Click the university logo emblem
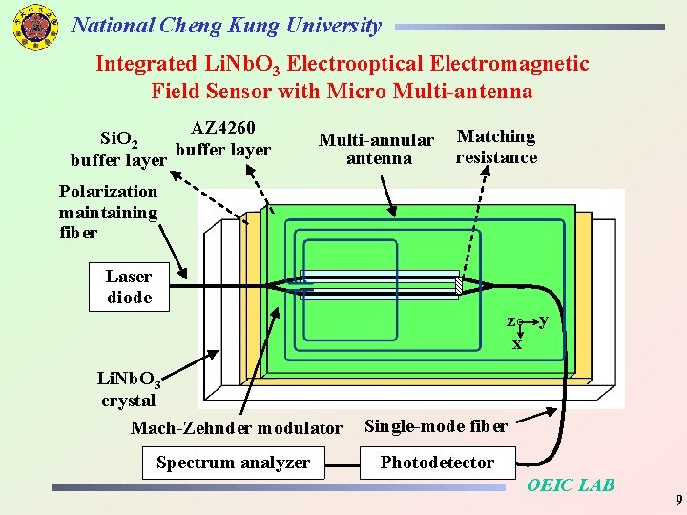coord(34,26)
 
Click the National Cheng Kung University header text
coord(226,26)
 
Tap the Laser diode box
coord(129,287)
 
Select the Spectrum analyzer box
coord(233,463)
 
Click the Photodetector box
coord(437,463)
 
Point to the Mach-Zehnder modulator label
coord(235,428)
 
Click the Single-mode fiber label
coord(436,425)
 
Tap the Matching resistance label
coord(496,147)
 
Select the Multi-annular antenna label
coord(377,150)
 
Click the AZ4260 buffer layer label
coord(223,138)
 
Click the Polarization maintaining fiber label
coord(108,212)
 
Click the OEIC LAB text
coord(571,485)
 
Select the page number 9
coord(677,500)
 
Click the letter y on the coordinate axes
coord(543,320)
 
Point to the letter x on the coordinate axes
coord(517,344)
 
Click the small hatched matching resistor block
coord(458,285)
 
